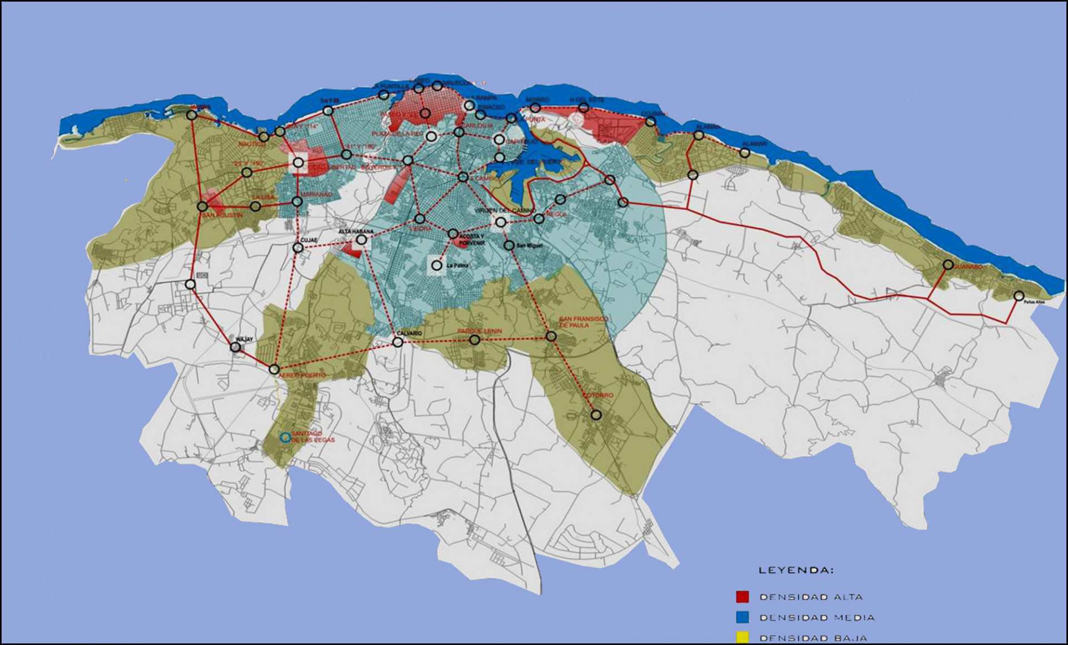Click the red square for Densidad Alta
tap(742, 597)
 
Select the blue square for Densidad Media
tap(742, 617)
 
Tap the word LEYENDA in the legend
tap(796, 570)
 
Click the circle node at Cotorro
tap(596, 415)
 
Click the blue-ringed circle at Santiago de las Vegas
tap(285, 437)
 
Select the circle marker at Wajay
tap(235, 347)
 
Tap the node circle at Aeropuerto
tap(274, 369)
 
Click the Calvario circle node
tap(398, 342)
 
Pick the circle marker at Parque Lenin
tap(474, 339)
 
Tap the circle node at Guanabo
tap(948, 265)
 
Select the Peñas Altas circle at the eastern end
tap(1018, 296)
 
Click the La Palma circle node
tap(437, 265)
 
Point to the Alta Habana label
tap(356, 232)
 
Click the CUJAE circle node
tap(298, 248)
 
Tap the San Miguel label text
tap(528, 245)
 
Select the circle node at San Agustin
tap(202, 206)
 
